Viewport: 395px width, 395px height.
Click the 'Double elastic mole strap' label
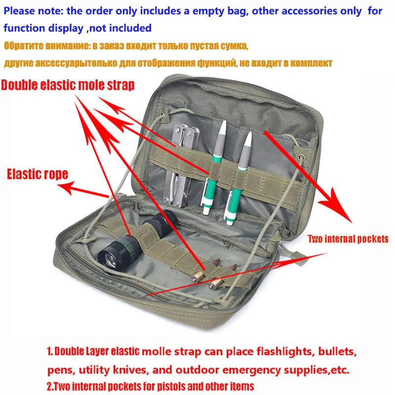coord(68,85)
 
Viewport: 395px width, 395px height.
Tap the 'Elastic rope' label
coord(38,174)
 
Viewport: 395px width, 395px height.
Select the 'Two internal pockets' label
coord(348,239)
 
